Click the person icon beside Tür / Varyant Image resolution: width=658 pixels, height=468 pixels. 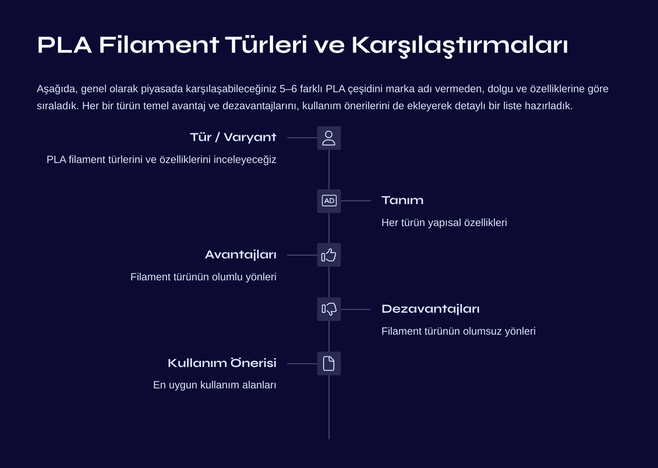(x=328, y=138)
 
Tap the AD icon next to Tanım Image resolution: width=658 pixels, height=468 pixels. (x=328, y=201)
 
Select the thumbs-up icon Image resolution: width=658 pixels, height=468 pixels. (x=328, y=255)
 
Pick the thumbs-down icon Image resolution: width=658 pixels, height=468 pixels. (x=328, y=310)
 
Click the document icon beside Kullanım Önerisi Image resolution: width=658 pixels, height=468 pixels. (x=328, y=363)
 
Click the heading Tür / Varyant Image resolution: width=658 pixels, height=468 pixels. (x=233, y=137)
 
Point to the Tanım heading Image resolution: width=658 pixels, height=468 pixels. (x=403, y=200)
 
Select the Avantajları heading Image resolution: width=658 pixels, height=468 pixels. (x=241, y=255)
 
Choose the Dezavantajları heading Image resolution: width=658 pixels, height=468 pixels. (x=431, y=309)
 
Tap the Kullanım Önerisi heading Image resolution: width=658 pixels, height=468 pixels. (x=222, y=363)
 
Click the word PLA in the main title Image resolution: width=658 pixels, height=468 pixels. (x=65, y=45)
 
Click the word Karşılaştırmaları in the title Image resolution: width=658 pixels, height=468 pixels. (x=460, y=46)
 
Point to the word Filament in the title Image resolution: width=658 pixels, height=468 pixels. (x=159, y=45)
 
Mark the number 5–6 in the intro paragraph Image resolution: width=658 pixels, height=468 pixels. (x=288, y=89)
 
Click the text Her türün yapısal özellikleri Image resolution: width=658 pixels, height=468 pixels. (x=444, y=222)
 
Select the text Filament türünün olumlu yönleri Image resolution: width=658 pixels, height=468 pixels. (x=203, y=277)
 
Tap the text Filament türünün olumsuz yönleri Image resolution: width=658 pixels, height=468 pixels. (x=458, y=331)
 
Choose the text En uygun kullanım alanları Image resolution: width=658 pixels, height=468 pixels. (x=214, y=385)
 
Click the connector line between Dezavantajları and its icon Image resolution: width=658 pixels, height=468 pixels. (x=356, y=310)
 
